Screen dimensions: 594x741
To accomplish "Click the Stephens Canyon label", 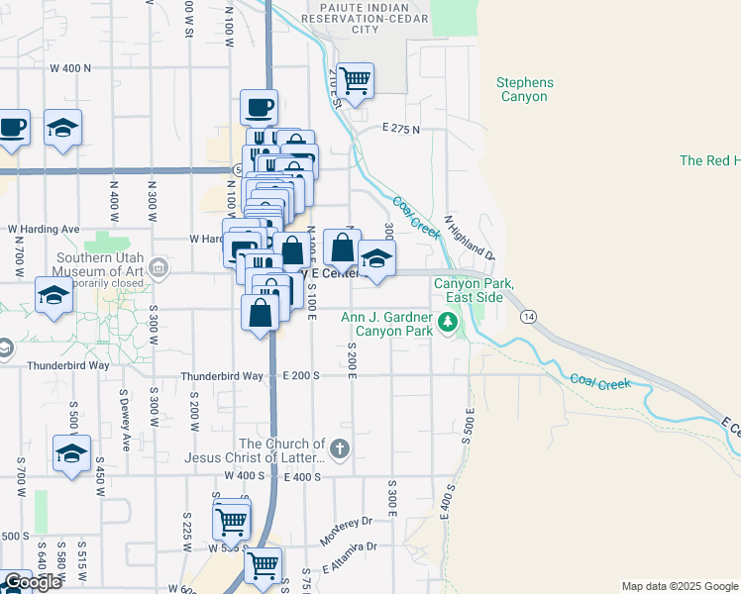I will click(525, 90).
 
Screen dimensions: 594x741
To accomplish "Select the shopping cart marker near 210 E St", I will click(354, 79).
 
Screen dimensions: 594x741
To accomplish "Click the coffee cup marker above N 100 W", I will click(259, 106).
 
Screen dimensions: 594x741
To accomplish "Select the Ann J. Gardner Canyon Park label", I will click(387, 324).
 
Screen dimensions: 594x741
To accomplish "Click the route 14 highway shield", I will click(527, 316).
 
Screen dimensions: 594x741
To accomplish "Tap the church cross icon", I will click(340, 449).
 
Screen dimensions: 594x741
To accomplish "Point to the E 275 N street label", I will click(400, 130).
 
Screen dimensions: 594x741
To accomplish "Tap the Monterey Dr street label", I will click(345, 530).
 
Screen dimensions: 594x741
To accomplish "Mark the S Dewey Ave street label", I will click(125, 423).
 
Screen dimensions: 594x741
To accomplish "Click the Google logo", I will click(32, 582).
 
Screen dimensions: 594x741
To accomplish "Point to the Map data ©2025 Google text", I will click(679, 586).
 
